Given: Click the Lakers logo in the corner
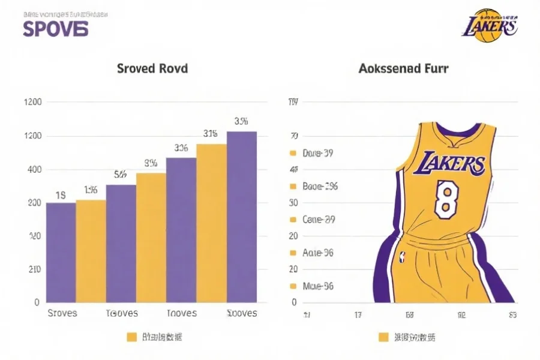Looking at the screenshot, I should (490, 26).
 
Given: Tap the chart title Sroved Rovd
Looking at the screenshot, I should (152, 68).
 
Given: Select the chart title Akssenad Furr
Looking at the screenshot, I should (403, 68).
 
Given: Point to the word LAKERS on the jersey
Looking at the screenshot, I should (449, 164).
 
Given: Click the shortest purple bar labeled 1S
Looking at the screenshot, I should (61, 252).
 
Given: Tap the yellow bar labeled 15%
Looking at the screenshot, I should (91, 251).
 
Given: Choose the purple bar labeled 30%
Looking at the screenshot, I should (181, 229).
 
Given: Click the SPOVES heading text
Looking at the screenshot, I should (55, 28).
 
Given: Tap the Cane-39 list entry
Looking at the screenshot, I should (319, 220).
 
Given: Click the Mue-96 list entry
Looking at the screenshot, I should (318, 286).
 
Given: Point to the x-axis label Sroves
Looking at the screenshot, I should (62, 313).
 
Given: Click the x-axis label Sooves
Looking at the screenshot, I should (242, 313).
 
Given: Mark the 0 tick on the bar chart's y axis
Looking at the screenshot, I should (37, 302).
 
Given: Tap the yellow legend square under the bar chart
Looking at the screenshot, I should (132, 337).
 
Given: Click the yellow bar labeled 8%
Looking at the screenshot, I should (151, 237).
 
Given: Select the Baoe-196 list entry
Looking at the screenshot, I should (320, 187).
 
